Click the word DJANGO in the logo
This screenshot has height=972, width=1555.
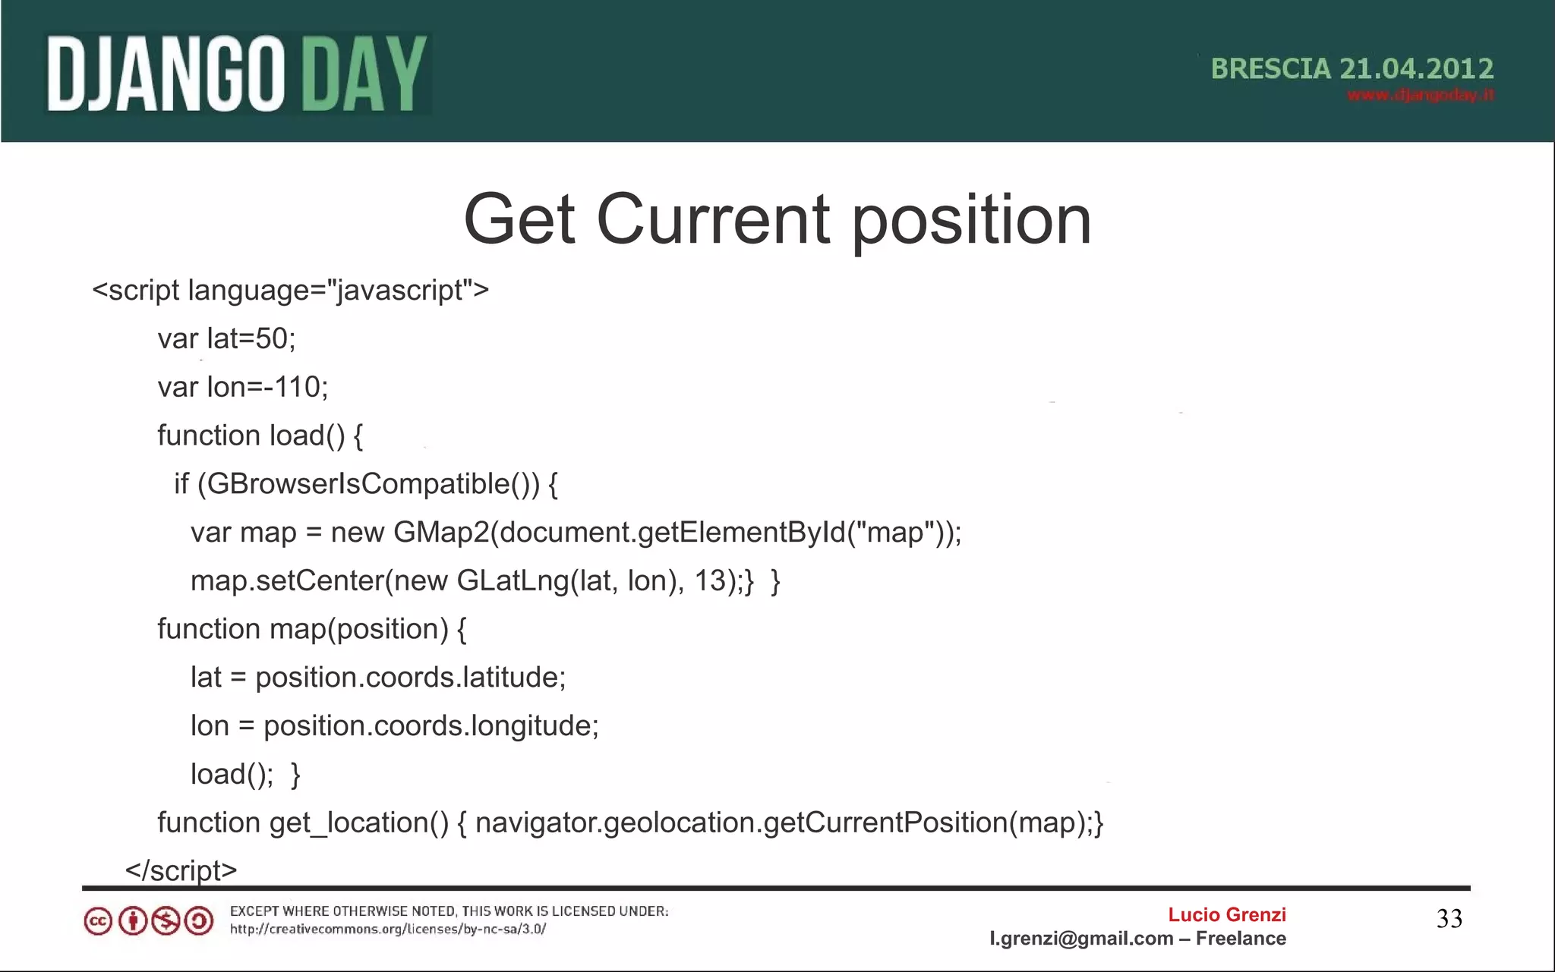(x=166, y=75)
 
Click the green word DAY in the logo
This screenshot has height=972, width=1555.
(x=364, y=75)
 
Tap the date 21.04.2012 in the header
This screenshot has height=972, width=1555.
(x=1417, y=69)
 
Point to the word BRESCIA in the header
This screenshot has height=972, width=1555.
(x=1270, y=69)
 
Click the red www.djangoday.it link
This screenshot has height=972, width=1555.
(x=1421, y=96)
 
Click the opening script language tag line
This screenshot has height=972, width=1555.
(x=290, y=291)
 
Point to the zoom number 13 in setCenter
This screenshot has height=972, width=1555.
(x=710, y=581)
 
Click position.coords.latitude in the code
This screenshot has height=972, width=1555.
(x=410, y=678)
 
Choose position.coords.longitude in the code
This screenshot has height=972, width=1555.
(x=431, y=726)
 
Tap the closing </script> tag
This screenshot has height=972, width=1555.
(x=181, y=870)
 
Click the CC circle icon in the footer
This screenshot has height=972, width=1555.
(x=98, y=922)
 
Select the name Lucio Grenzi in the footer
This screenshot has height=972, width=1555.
(x=1226, y=915)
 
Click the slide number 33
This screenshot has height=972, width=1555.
(x=1449, y=919)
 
